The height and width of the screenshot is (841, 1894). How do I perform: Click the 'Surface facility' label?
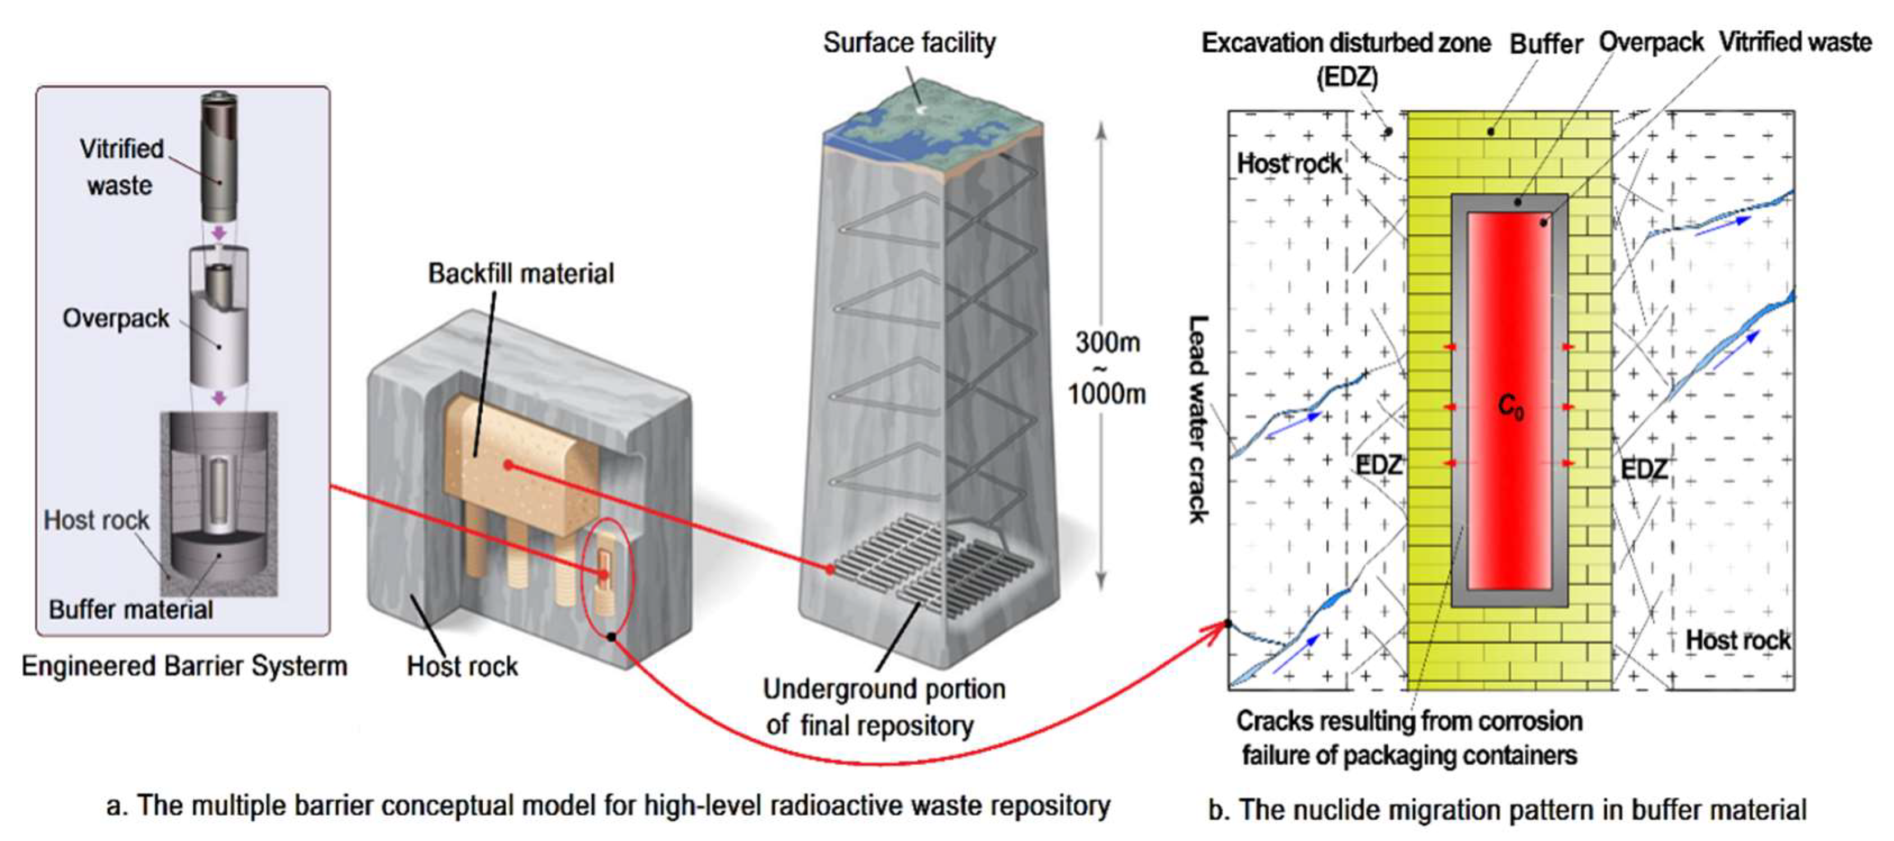[x=909, y=43]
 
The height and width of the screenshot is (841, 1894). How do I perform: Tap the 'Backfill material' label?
[x=520, y=273]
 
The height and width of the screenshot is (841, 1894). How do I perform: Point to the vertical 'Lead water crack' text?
[x=1198, y=419]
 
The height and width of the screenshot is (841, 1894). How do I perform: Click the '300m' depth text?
[x=1108, y=342]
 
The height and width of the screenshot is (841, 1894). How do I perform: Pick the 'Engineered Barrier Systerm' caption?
[x=184, y=666]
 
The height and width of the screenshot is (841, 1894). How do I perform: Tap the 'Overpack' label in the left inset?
[x=116, y=318]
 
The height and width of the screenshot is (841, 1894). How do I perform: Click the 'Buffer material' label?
[x=130, y=610]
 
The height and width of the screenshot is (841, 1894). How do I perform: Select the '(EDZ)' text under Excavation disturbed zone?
[x=1347, y=77]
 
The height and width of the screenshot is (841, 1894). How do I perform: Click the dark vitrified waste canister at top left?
[x=219, y=154]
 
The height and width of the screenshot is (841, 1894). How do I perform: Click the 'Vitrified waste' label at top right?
[x=1795, y=42]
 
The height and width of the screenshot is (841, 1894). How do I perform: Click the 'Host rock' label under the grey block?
[x=462, y=666]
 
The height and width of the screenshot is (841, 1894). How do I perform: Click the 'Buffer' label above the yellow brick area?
[x=1545, y=44]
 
